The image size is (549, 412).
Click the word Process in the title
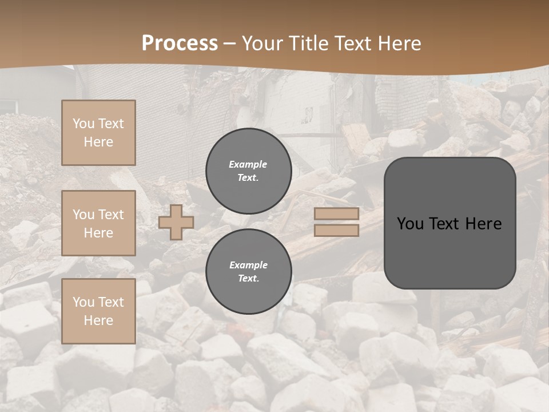click(180, 43)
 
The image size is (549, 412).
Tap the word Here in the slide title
click(398, 43)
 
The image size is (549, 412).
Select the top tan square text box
click(98, 133)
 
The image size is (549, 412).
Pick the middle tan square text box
click(98, 223)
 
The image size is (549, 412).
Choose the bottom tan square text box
click(98, 311)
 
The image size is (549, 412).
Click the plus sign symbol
click(176, 222)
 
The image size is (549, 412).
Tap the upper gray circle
click(248, 171)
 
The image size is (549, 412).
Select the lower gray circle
click(248, 271)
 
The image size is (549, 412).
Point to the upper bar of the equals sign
click(337, 213)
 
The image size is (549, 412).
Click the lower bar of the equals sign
click(337, 230)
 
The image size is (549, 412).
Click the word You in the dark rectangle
click(410, 224)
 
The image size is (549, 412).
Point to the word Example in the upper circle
click(248, 164)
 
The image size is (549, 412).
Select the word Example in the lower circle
click(248, 265)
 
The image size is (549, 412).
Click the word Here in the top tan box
click(98, 142)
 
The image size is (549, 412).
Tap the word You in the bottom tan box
click(83, 302)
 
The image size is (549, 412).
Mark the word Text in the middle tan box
click(110, 215)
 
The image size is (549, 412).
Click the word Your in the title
click(263, 43)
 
